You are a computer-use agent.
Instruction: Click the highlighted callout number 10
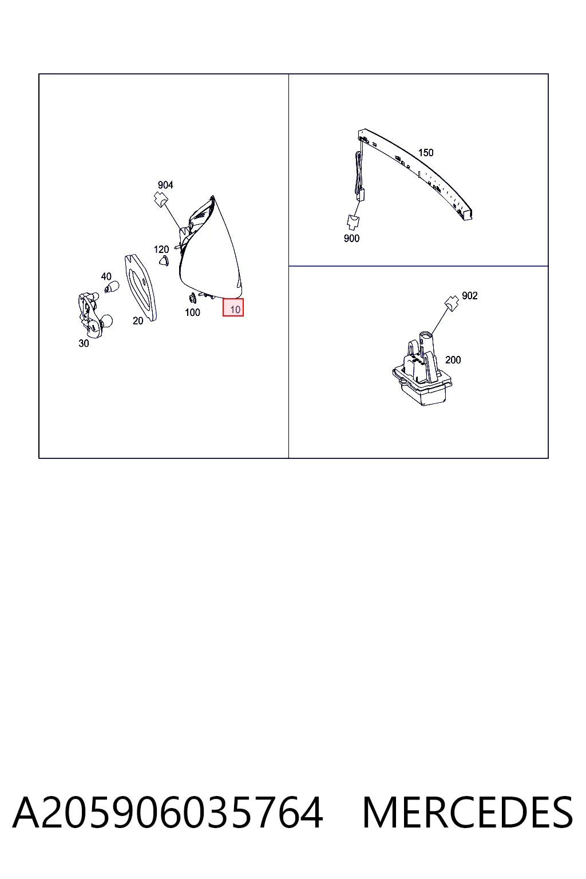(x=235, y=309)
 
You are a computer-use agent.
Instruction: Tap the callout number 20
(x=138, y=320)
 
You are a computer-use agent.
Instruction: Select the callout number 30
(x=84, y=343)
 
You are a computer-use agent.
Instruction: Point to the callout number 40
(x=106, y=276)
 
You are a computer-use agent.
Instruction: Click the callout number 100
(x=192, y=312)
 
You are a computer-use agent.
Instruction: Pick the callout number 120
(x=161, y=249)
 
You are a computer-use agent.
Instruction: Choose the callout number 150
(x=426, y=153)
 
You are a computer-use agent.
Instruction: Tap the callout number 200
(x=453, y=360)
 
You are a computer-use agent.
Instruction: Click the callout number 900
(x=351, y=238)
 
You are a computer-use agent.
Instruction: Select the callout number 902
(x=470, y=295)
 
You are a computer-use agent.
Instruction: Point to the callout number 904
(x=165, y=185)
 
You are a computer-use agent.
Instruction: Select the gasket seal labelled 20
(x=141, y=288)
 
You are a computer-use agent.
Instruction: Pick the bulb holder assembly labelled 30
(x=95, y=315)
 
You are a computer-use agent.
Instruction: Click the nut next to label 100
(x=193, y=298)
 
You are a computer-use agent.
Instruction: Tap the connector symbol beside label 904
(x=159, y=199)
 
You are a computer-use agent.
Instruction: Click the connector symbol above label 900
(x=353, y=221)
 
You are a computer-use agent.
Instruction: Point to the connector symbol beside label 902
(x=452, y=303)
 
